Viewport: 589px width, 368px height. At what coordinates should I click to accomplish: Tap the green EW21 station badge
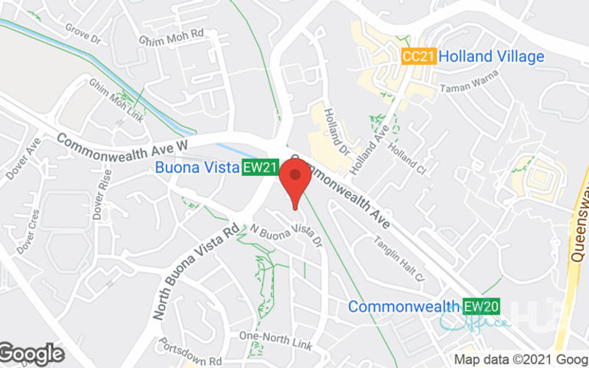(x=261, y=168)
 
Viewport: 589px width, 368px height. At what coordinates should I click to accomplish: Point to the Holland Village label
(x=495, y=57)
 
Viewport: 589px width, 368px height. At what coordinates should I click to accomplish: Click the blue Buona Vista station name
(x=197, y=168)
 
